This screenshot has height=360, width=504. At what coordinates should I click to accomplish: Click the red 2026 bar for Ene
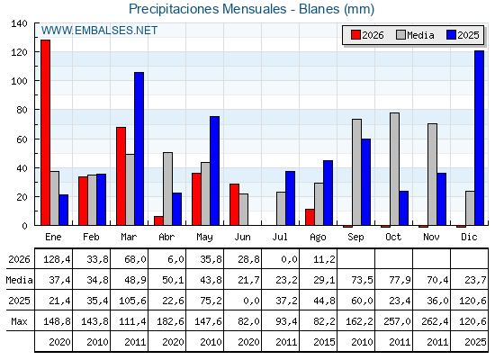point(45,132)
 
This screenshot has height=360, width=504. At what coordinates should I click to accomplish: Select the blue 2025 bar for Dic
point(479,138)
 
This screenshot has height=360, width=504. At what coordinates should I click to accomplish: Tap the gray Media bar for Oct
point(394,169)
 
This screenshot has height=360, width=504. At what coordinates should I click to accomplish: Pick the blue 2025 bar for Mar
point(139,148)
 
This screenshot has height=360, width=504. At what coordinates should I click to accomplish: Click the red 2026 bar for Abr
point(158,220)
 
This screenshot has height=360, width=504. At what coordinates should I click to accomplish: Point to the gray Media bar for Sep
point(356,172)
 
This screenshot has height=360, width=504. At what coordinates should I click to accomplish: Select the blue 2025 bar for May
point(214,171)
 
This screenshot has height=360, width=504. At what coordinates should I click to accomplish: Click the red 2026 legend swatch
point(355,35)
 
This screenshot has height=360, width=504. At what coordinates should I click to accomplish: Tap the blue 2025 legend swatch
point(451,35)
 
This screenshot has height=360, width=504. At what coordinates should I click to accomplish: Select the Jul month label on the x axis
point(280,237)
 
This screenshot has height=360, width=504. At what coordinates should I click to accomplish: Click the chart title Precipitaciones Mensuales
point(207,9)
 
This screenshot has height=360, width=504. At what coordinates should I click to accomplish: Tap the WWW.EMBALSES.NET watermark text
point(99,31)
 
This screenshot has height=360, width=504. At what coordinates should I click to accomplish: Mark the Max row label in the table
point(19,321)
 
